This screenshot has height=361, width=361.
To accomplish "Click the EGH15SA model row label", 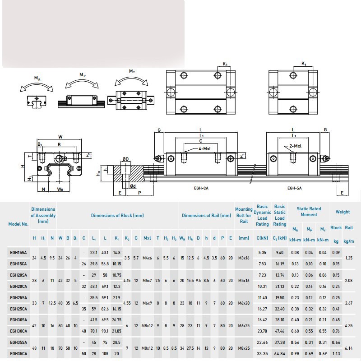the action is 19,253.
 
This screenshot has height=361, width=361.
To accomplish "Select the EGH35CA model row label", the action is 19,354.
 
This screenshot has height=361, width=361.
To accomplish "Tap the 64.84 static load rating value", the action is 280,354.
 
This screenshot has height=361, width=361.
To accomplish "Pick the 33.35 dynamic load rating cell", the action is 262,354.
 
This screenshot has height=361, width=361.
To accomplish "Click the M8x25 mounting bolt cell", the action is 244,348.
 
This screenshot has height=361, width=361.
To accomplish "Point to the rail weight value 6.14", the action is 349,348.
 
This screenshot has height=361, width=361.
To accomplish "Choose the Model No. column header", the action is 19,224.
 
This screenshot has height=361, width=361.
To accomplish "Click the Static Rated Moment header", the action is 309,212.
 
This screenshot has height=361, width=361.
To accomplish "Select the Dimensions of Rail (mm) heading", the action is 206,216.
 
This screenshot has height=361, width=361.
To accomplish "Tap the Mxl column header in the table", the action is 147,238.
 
